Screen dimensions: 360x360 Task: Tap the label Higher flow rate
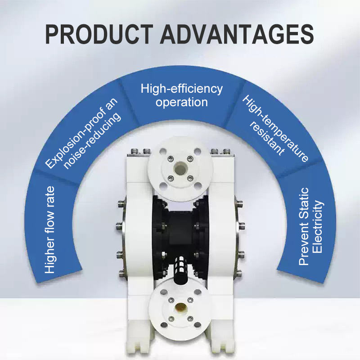click(x=50, y=230)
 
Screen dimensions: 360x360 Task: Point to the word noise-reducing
click(x=92, y=141)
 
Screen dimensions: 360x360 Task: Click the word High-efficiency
click(x=182, y=89)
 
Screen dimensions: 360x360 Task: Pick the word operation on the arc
click(x=182, y=102)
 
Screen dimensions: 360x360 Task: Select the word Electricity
click(x=318, y=227)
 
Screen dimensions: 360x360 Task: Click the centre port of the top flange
click(x=180, y=168)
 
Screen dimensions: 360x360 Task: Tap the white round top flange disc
click(x=180, y=169)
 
